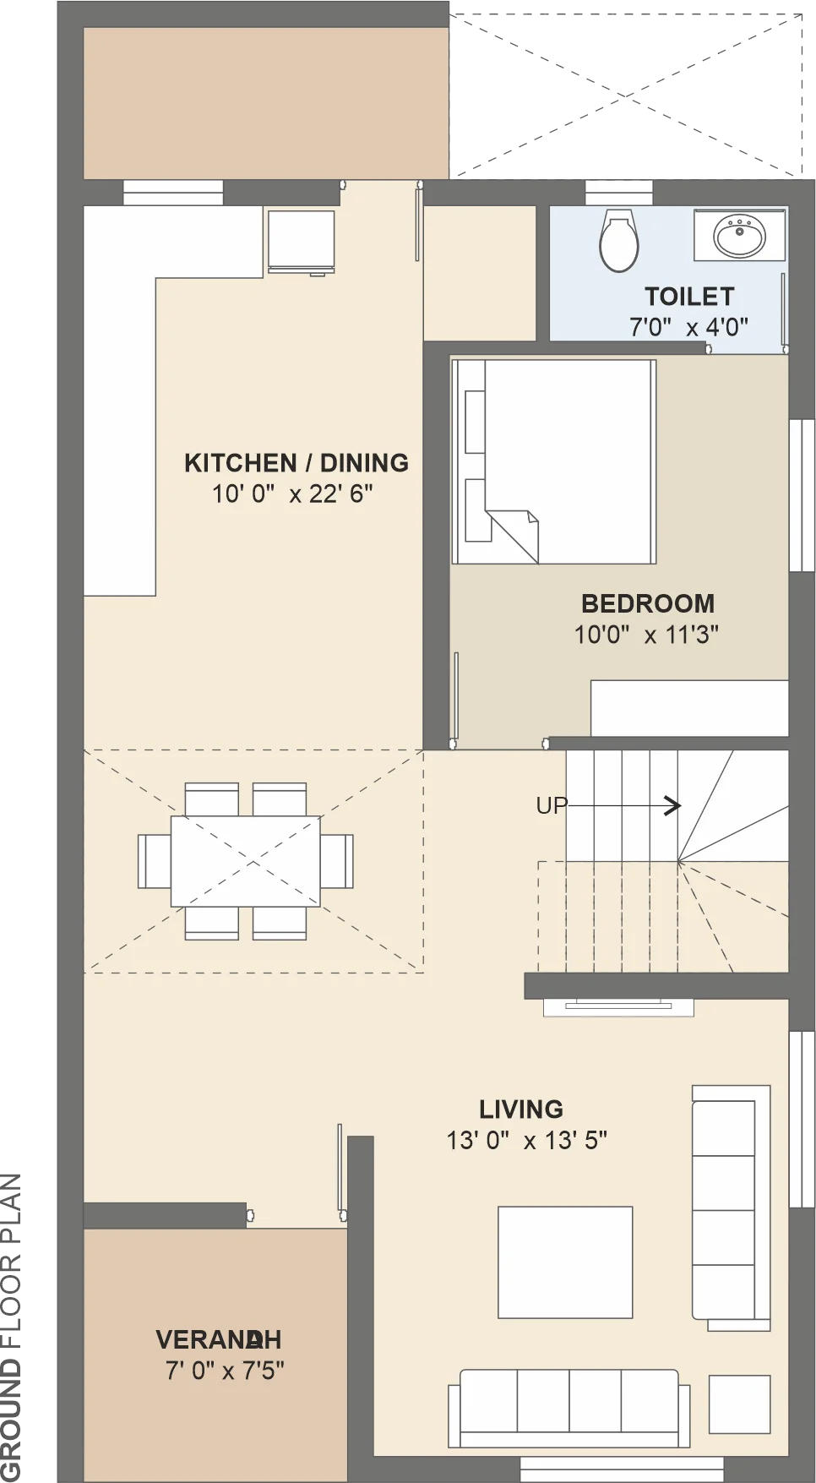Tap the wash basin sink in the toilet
pyautogui.click(x=740, y=236)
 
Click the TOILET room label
pyautogui.click(x=689, y=297)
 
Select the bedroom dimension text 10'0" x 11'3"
pyautogui.click(x=646, y=635)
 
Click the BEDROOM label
pyautogui.click(x=648, y=603)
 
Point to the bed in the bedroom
pyautogui.click(x=554, y=461)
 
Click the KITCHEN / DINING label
pyautogui.click(x=296, y=463)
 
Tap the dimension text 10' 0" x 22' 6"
pyautogui.click(x=292, y=493)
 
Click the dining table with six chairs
pyautogui.click(x=246, y=861)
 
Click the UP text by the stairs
pyautogui.click(x=551, y=806)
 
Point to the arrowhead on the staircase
pyautogui.click(x=673, y=806)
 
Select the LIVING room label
pyautogui.click(x=521, y=1110)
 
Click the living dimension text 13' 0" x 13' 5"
pyautogui.click(x=527, y=1141)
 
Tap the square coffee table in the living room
pyautogui.click(x=565, y=1262)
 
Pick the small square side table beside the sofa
pyautogui.click(x=739, y=1404)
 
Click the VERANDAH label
pyautogui.click(x=219, y=1339)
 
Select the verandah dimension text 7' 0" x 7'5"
pyautogui.click(x=225, y=1371)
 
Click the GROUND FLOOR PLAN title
pyautogui.click(x=12, y=1328)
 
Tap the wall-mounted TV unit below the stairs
pyautogui.click(x=619, y=1006)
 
